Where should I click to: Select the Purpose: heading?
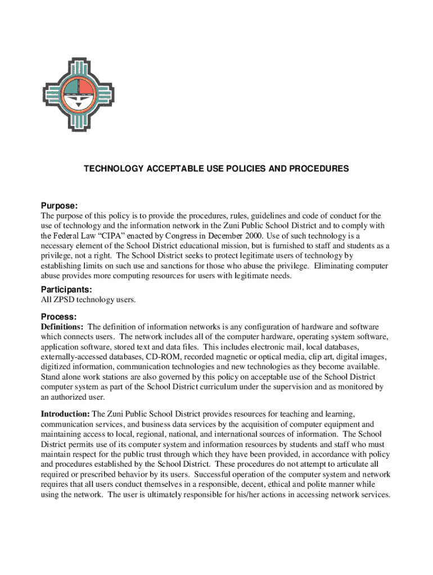[x=59, y=206]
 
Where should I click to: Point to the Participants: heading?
[x=66, y=289]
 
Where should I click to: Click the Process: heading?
[x=58, y=317]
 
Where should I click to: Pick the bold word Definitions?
[x=62, y=327]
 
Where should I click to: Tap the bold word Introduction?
[x=65, y=414]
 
